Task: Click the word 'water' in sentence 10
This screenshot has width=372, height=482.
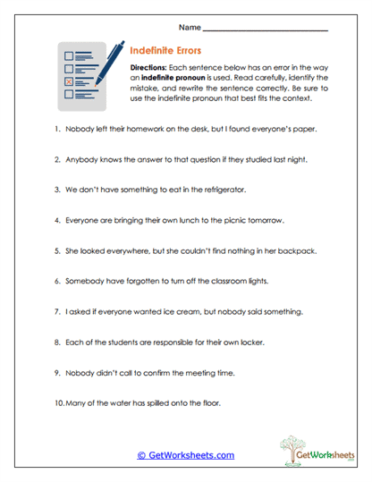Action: click(112, 403)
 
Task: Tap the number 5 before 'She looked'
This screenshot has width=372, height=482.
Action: click(55, 251)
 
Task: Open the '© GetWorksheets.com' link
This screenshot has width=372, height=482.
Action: click(185, 455)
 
